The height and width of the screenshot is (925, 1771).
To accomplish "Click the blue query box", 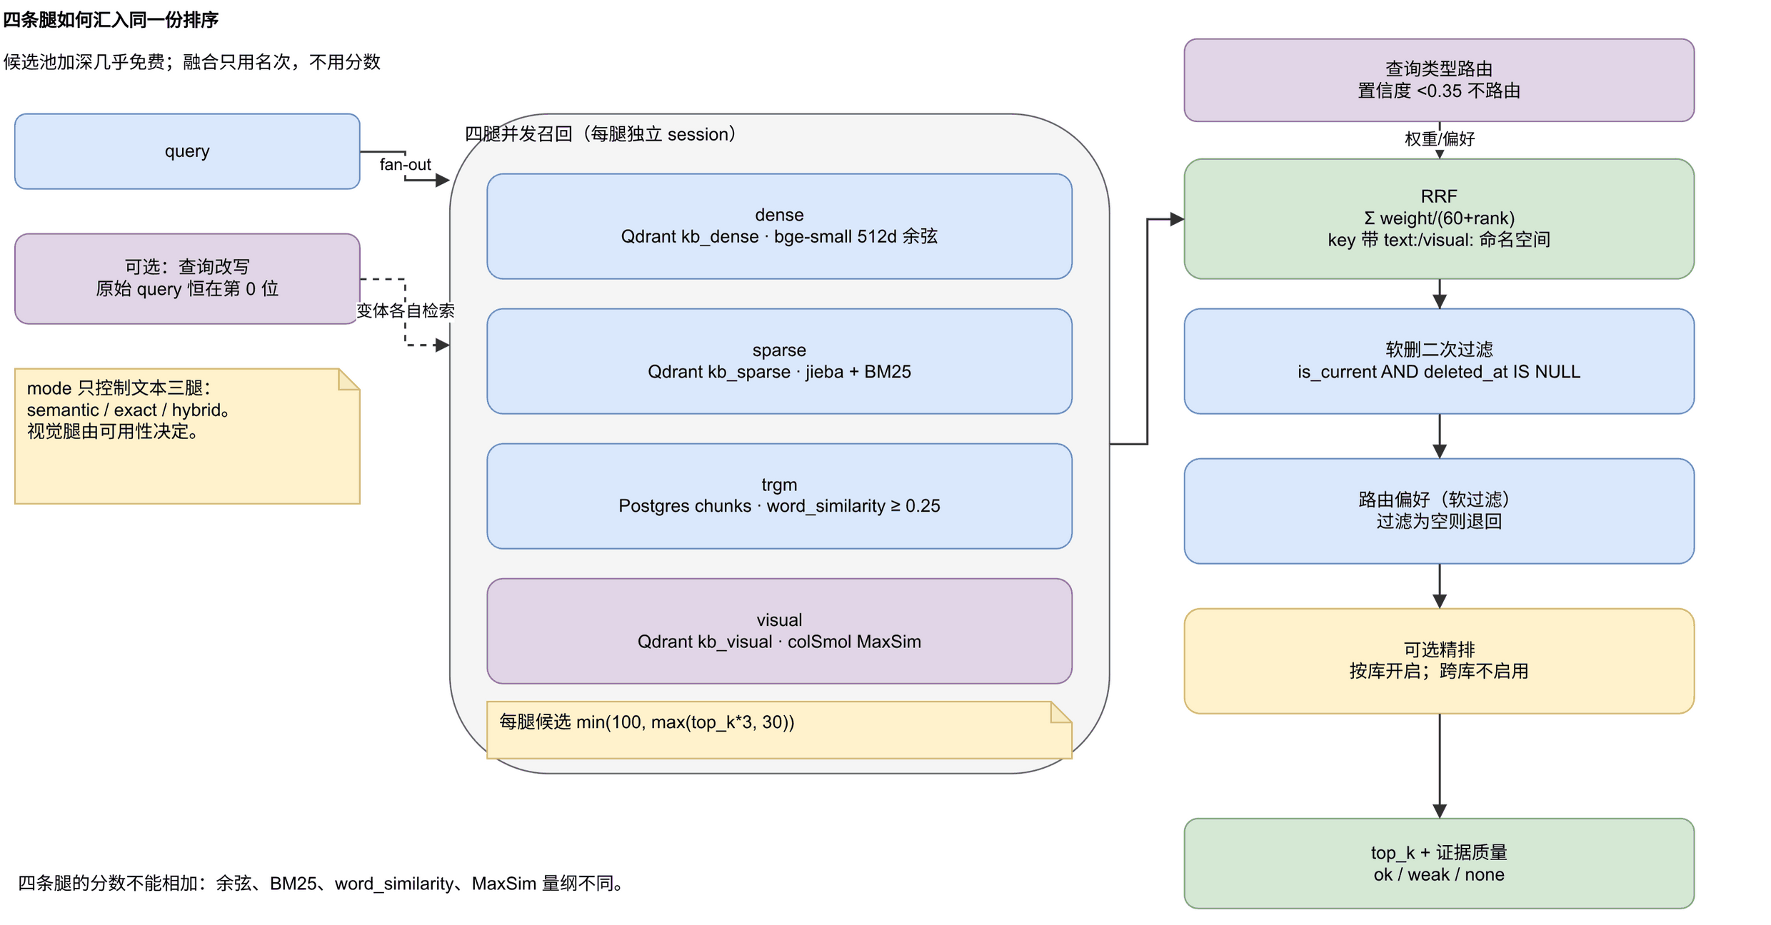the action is point(187,151).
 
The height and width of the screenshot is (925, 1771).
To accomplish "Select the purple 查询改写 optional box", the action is point(187,278).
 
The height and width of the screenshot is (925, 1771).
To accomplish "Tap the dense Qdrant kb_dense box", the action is point(779,226).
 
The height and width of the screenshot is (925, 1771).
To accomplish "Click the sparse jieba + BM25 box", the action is point(779,361).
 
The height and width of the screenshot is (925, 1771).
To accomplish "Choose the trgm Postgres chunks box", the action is point(779,496).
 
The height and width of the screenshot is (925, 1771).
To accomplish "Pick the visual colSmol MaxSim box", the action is point(779,631).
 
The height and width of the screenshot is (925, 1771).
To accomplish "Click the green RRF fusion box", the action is point(1439,218).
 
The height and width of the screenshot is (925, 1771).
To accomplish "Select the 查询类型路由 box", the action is point(1439,80).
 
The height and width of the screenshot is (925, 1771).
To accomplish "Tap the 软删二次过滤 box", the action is point(1439,361).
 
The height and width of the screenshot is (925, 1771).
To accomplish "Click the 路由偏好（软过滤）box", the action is point(1439,511).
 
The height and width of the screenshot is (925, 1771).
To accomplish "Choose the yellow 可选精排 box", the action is point(1439,661).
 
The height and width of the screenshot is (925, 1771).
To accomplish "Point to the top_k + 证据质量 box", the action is point(1439,864).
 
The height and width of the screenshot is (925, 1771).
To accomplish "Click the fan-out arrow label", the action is point(405,165).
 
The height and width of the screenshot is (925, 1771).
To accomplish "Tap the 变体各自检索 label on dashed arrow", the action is point(405,310).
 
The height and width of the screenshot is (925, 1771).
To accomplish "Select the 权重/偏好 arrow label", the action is point(1439,139).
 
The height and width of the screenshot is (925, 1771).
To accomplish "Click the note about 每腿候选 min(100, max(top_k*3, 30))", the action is point(779,729).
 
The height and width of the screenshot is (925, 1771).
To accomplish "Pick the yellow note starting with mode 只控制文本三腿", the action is point(187,436).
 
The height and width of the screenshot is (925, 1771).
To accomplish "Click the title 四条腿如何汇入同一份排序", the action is point(111,20).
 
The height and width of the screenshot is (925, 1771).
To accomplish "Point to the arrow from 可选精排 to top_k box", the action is point(1439,766).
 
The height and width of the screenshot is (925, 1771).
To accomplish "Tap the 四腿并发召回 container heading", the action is point(600,134).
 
